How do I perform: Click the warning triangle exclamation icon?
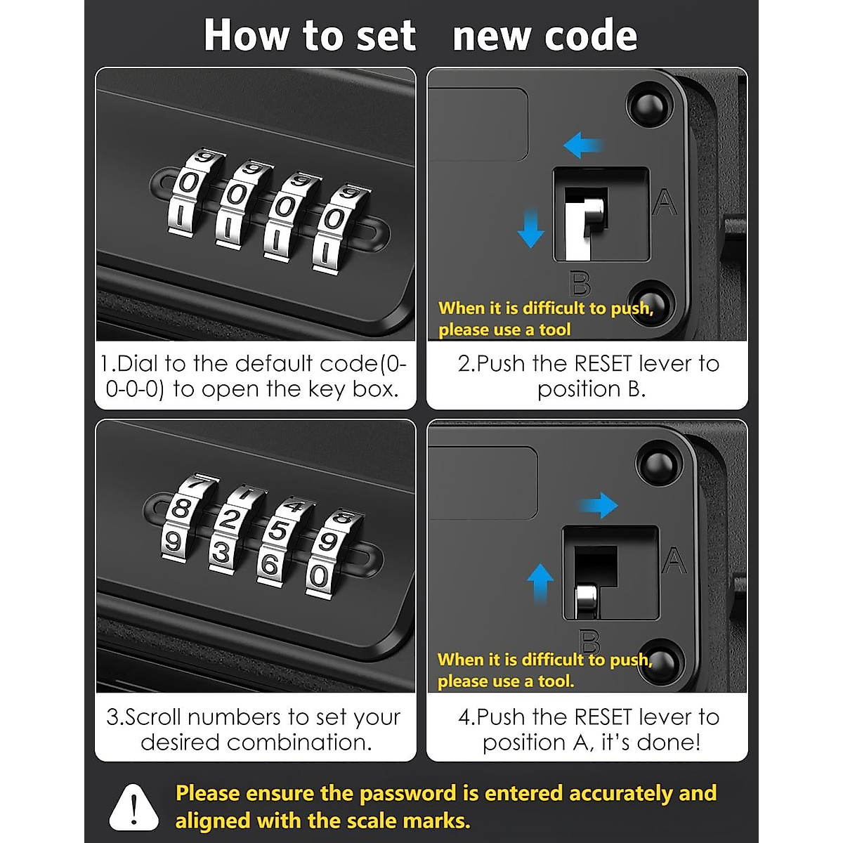pyautogui.click(x=133, y=806)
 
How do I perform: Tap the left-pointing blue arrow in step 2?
pyautogui.click(x=583, y=145)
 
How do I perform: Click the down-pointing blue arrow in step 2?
pyautogui.click(x=530, y=228)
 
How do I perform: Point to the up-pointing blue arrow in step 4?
pyautogui.click(x=540, y=582)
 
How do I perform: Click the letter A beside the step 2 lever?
pyautogui.click(x=664, y=203)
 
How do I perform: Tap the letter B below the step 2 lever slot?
pyautogui.click(x=580, y=285)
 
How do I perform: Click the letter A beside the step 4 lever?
pyautogui.click(x=673, y=561)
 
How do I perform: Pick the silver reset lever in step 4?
pyautogui.click(x=586, y=601)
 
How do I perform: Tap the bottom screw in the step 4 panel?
pyautogui.click(x=660, y=660)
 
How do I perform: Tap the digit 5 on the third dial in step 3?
pyautogui.click(x=278, y=532)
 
